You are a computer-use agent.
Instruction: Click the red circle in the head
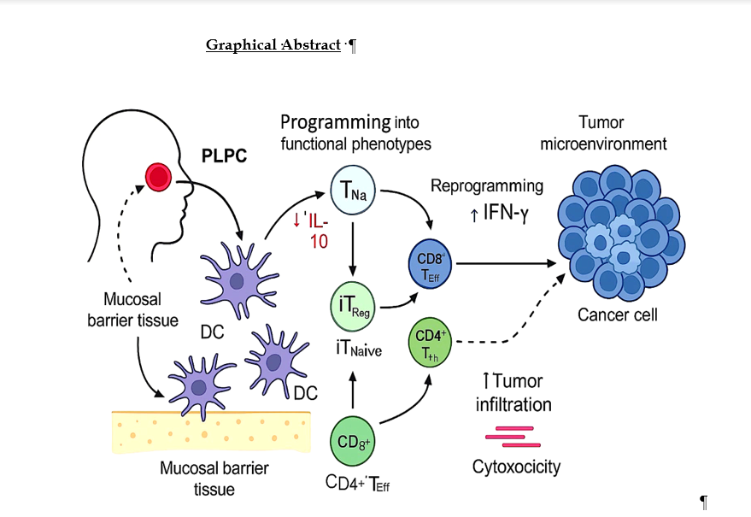pyautogui.click(x=158, y=177)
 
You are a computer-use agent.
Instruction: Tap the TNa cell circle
pyautogui.click(x=355, y=191)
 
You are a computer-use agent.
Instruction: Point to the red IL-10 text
pyautogui.click(x=315, y=230)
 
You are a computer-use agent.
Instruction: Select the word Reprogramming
pyautogui.click(x=486, y=185)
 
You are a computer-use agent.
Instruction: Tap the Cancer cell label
pyautogui.click(x=618, y=314)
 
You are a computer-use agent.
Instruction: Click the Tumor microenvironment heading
pyautogui.click(x=603, y=133)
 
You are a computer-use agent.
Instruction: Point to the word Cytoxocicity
pyautogui.click(x=517, y=467)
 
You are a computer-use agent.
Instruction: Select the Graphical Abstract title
pyautogui.click(x=273, y=44)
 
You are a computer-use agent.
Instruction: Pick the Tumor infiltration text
pyautogui.click(x=513, y=392)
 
